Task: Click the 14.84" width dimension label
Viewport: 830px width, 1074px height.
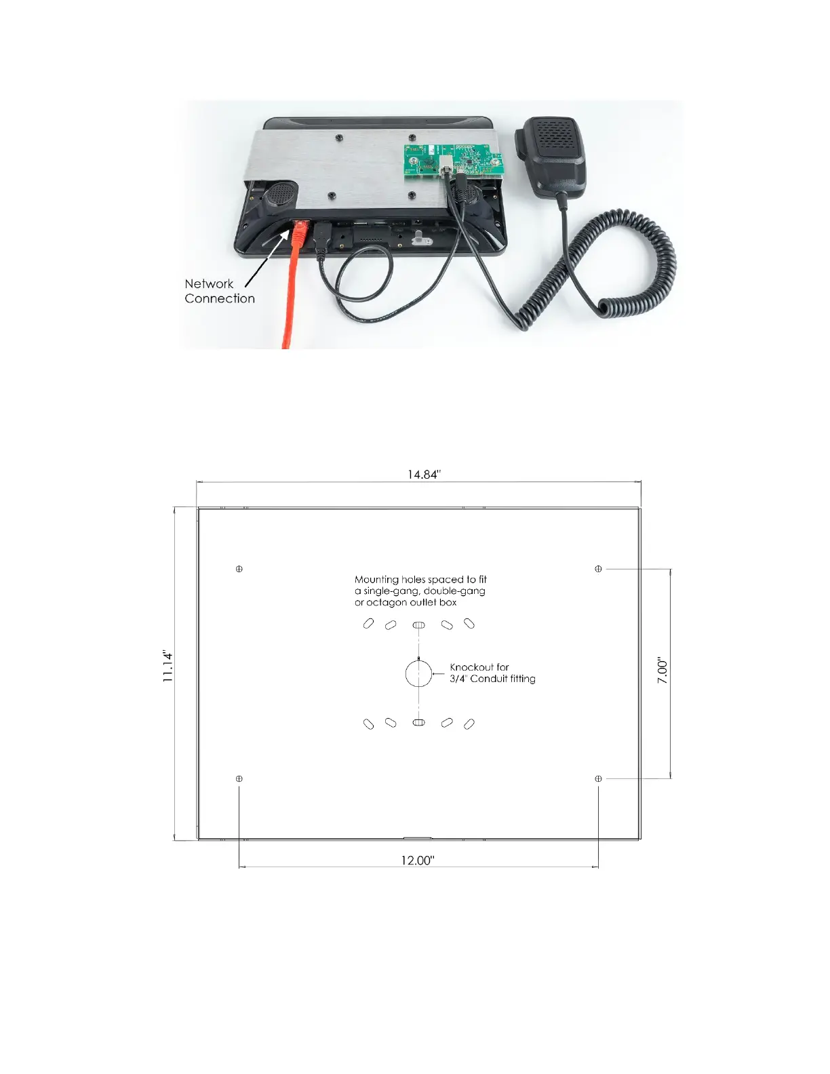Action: pos(424,475)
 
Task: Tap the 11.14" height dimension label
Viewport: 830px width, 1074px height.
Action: pos(168,666)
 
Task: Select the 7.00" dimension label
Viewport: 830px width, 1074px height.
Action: pos(663,671)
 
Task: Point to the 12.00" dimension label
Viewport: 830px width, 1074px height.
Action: pos(418,860)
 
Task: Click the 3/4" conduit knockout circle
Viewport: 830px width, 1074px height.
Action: pos(418,674)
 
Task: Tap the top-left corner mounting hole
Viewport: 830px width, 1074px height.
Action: pos(239,569)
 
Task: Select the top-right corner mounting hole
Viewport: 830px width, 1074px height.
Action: pos(598,569)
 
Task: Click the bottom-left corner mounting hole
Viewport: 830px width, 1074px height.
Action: pos(239,778)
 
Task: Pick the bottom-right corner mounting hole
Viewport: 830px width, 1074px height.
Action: pos(598,778)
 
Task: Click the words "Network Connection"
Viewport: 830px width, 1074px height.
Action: pos(219,291)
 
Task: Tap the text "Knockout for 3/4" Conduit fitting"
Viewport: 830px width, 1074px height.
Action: pos(492,673)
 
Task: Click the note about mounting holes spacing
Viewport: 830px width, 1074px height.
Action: pos(420,591)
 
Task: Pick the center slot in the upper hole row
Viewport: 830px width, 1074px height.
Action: pos(418,624)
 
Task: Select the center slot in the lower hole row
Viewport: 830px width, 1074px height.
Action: pos(418,723)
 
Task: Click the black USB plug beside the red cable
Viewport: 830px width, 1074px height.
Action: pos(321,238)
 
